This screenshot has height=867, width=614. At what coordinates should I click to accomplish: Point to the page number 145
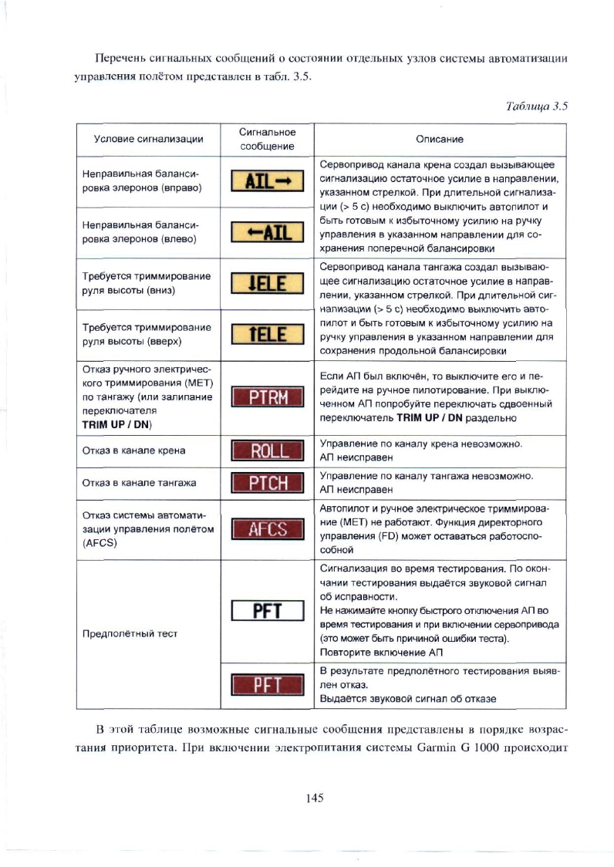click(314, 798)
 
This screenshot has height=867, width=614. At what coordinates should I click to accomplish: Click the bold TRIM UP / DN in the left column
click(118, 424)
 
